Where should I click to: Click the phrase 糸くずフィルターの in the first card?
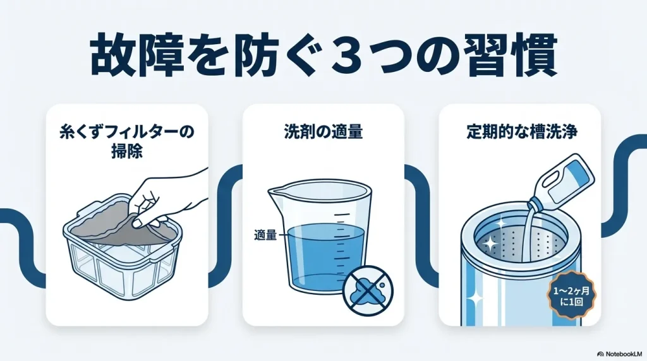[x=127, y=133]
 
